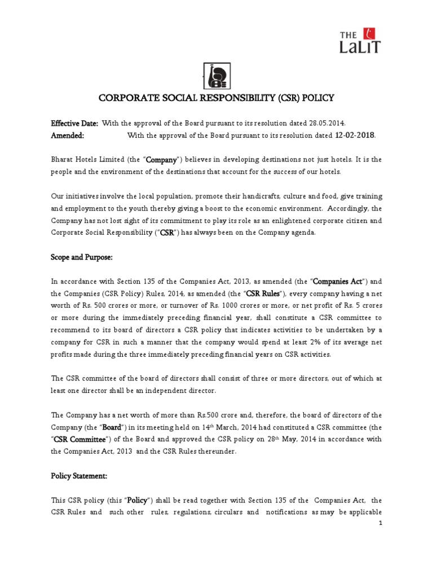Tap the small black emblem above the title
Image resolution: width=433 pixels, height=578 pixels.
pyautogui.click(x=216, y=75)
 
